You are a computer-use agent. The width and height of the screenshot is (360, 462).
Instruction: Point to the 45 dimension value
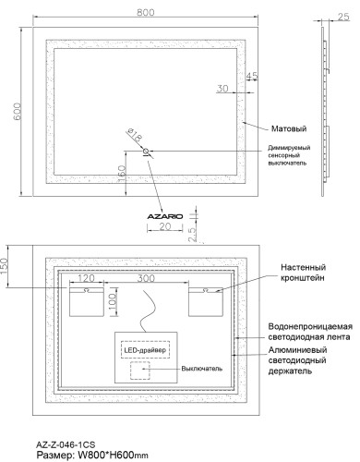click(252, 76)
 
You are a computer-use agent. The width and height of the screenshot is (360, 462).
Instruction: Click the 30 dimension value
click(222, 89)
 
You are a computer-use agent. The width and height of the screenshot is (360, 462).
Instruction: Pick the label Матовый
click(289, 128)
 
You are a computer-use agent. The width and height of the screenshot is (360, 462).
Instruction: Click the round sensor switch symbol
click(146, 152)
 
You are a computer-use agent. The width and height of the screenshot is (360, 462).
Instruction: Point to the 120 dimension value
click(88, 277)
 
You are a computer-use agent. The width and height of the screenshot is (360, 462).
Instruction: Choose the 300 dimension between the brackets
click(146, 277)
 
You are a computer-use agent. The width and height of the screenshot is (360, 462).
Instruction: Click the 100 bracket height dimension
click(112, 303)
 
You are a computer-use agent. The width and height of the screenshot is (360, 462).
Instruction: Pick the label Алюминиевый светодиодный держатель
click(306, 375)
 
